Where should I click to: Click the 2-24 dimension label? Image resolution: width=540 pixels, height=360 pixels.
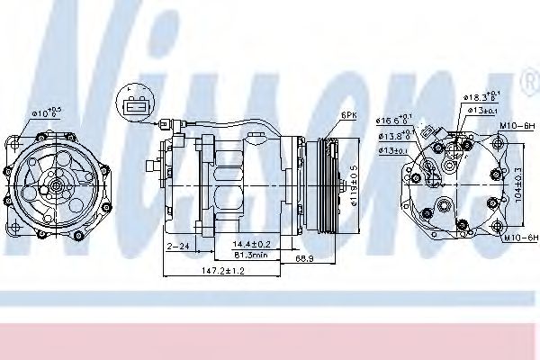point(177,244)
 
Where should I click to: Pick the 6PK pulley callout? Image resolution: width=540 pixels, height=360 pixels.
point(349,115)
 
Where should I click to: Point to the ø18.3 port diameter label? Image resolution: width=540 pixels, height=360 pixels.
point(482,95)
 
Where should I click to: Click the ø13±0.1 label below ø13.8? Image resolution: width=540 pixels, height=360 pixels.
point(393,149)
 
